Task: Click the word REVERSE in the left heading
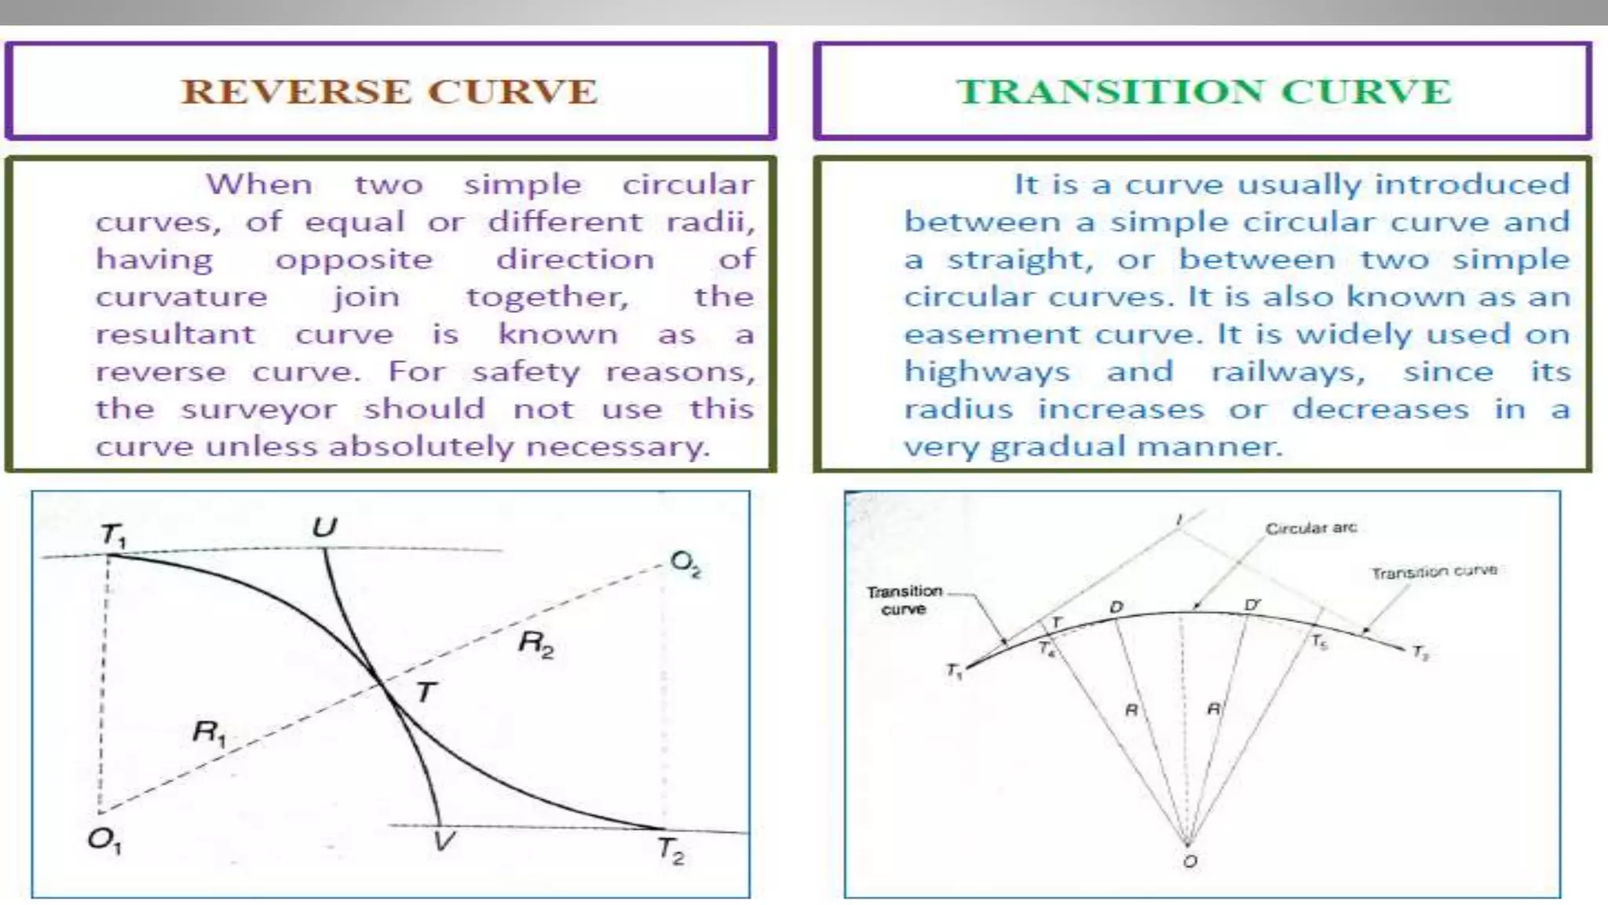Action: (295, 92)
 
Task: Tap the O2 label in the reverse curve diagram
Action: (685, 563)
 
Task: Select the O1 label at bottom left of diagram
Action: (104, 841)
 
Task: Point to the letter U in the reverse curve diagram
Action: (324, 526)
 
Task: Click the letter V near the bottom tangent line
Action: (444, 842)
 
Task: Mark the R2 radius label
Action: (536, 645)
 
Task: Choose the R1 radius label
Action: (209, 734)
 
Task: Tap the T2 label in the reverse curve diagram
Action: (670, 851)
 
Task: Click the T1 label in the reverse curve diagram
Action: (114, 536)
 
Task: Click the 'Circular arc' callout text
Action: (1310, 528)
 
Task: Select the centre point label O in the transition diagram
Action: (1190, 862)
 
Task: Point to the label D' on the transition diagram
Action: (1252, 605)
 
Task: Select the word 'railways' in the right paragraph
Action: (1288, 372)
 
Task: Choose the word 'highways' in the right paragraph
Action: (987, 372)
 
